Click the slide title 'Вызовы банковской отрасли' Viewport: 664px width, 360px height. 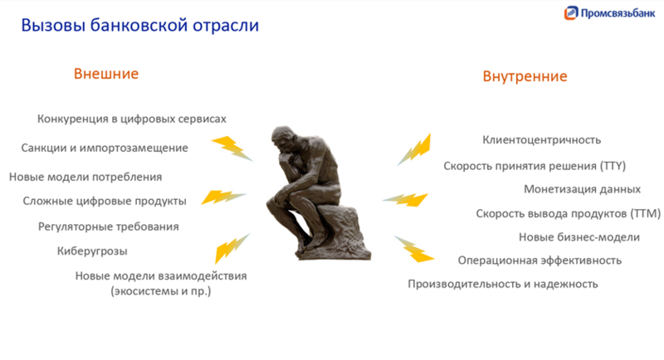(139, 25)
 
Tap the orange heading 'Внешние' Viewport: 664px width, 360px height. (106, 74)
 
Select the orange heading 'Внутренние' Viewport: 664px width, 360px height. (525, 76)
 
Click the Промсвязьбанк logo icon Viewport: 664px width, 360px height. (571, 13)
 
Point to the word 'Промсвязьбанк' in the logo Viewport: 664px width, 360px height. (618, 13)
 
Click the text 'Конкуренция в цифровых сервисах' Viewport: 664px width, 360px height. (131, 119)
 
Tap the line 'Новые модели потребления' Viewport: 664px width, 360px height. (85, 177)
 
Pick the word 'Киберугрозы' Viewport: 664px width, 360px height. (92, 251)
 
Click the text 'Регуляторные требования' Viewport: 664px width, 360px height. (108, 226)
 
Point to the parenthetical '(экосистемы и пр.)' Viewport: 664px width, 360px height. (161, 291)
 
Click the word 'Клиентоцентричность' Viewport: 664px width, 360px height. (541, 139)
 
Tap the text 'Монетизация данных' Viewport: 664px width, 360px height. (582, 189)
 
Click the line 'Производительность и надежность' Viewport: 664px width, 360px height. (502, 284)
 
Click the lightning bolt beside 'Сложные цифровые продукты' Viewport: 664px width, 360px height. (222, 197)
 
